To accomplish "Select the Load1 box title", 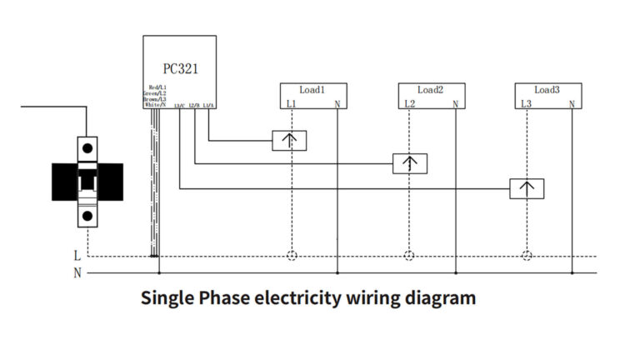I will [x=312, y=89].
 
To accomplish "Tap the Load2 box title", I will [x=430, y=89].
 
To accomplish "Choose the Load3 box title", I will [x=547, y=89].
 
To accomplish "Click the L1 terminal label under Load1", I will [x=291, y=104].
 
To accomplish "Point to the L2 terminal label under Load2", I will [x=409, y=104].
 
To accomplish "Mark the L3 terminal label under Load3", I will [x=526, y=104].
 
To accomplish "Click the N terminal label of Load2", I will [x=455, y=104].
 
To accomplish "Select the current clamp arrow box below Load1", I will [x=290, y=140].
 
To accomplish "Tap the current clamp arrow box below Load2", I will [x=410, y=164].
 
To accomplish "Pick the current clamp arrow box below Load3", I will [x=527, y=188].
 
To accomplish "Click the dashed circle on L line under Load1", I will [x=291, y=256].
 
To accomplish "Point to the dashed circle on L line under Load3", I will [x=526, y=256].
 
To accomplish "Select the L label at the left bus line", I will [x=77, y=257].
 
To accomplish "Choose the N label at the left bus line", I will [x=77, y=273].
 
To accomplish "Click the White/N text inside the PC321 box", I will [x=155, y=105].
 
